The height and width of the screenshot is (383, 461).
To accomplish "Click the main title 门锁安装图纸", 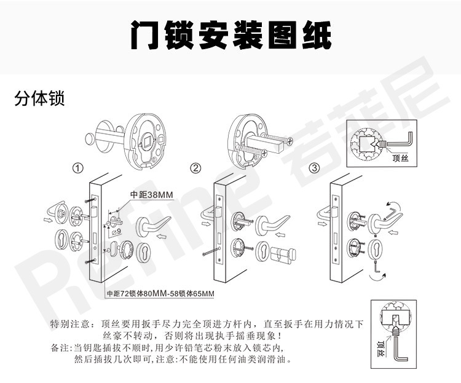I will (x=230, y=37).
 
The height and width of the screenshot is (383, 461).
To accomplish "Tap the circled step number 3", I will (x=314, y=168).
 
